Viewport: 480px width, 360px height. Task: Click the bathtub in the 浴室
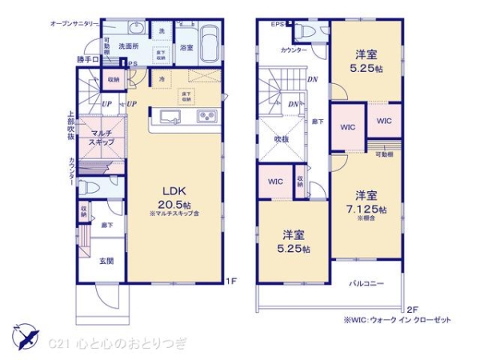[210, 39]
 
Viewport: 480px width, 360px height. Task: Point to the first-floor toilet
[93, 187]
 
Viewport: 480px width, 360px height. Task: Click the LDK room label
[175, 192]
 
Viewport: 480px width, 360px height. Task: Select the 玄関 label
[106, 260]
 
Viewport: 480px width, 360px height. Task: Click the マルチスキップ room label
[101, 137]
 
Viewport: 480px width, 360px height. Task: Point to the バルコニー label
[368, 283]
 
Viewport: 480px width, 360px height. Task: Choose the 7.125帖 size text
[372, 209]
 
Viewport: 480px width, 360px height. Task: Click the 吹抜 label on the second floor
[282, 138]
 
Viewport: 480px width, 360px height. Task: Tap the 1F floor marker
[231, 280]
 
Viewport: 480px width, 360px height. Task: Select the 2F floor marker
[413, 309]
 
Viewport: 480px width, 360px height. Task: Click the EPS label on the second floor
[277, 24]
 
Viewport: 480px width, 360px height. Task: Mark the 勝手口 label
[87, 59]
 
